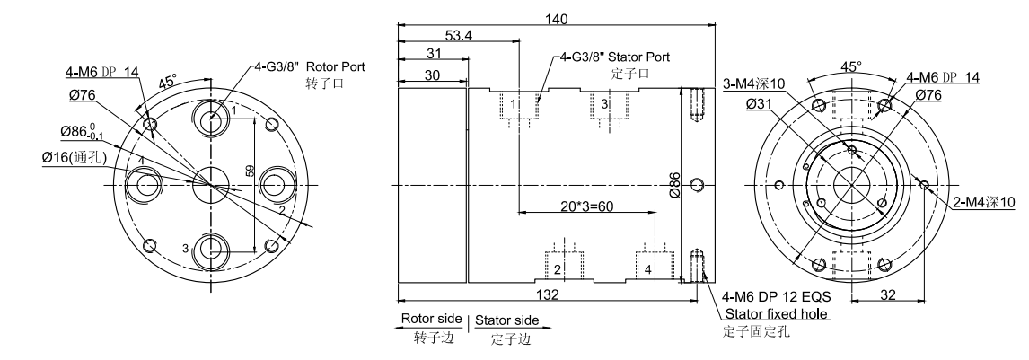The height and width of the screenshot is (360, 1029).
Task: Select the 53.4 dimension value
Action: coord(461,34)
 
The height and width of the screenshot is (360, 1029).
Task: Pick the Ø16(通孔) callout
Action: coord(75,158)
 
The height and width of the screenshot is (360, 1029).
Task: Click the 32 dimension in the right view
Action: coord(885,293)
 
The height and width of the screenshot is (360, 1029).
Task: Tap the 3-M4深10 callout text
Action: coord(754,84)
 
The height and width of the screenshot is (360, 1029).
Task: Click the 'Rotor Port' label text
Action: coord(336,67)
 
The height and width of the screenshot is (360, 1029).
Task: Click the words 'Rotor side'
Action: coord(430,320)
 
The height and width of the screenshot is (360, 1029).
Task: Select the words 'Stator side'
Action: coord(509,320)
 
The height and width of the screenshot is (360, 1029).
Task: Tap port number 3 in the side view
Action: coord(604,105)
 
